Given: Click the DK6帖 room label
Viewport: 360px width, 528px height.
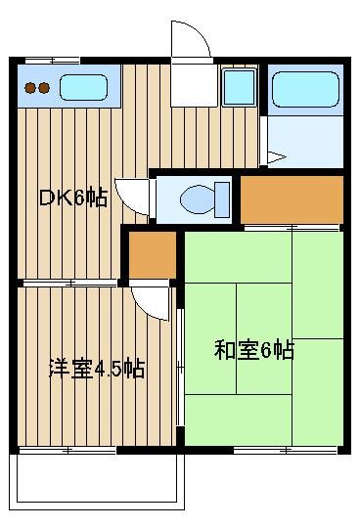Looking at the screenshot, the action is pos(73,198).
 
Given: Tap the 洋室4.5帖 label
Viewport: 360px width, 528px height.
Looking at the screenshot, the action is pos(97,369).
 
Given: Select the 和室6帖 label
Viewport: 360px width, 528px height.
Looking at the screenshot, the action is pos(254,350).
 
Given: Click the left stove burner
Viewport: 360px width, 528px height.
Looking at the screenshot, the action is pos(30,88).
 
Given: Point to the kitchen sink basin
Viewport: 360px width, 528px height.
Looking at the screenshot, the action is pos(84,87).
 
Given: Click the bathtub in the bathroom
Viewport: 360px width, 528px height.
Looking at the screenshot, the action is pos(305,89).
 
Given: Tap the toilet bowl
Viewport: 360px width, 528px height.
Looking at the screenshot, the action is pos(198,199).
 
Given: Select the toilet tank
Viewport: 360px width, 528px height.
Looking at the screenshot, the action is pos(222,199).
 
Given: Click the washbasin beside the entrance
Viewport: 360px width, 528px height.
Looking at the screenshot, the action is pos(240,87).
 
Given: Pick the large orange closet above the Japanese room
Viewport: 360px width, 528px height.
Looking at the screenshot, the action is pos(292,199).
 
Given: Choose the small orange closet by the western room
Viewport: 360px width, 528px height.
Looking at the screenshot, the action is pos(153,255).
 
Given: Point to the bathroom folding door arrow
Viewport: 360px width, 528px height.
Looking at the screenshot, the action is pos(277,157).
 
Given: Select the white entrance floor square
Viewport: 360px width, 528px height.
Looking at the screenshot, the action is pos(194,85).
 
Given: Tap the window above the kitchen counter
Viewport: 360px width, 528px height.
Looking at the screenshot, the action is pos(53,61).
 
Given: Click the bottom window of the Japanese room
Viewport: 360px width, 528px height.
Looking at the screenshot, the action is pos(286,450).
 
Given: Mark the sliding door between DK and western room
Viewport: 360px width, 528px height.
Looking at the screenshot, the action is pos(69,283).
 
